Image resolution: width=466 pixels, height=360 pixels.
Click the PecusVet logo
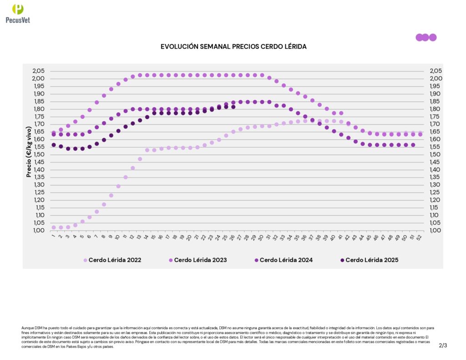[18, 13]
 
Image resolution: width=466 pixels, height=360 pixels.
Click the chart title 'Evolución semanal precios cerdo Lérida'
[233, 47]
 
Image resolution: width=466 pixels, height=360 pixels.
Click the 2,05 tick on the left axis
[38, 71]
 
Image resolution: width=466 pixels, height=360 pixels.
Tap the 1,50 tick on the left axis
[38, 154]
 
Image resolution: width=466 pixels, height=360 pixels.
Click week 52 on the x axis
[420, 237]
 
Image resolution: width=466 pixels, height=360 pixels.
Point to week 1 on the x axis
[53, 236]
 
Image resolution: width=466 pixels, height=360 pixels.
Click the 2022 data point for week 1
[54, 227]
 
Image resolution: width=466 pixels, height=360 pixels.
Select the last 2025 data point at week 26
[233, 106]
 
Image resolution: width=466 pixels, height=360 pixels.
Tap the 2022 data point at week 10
[118, 186]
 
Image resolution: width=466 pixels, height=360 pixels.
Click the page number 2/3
[443, 345]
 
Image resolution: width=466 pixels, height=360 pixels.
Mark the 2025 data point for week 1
[54, 145]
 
